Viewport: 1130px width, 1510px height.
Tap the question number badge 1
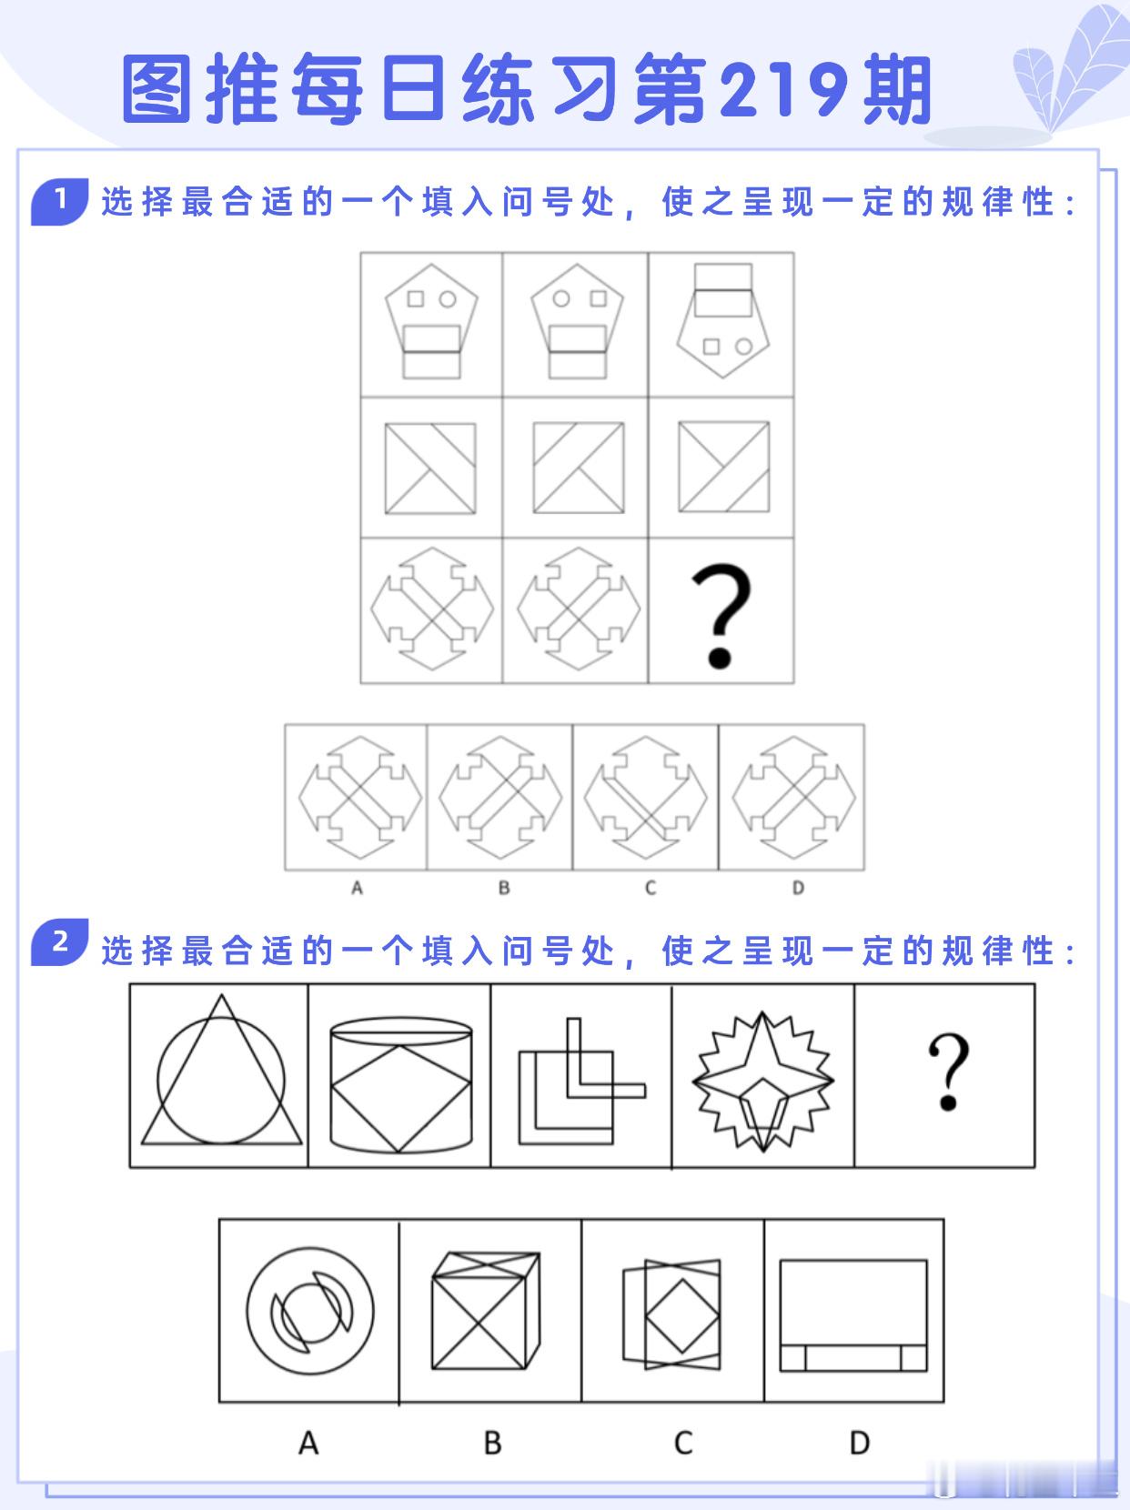click(60, 202)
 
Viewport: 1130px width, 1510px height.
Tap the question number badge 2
click(60, 941)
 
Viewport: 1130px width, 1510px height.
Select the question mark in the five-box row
click(948, 1072)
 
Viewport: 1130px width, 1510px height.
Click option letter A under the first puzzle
click(357, 888)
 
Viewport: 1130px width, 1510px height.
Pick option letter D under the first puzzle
click(798, 888)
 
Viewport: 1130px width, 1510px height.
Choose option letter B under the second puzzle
click(492, 1444)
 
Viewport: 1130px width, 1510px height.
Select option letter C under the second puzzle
click(683, 1444)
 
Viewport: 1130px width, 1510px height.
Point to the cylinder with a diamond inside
click(401, 1085)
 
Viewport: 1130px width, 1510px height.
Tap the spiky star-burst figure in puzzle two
click(762, 1082)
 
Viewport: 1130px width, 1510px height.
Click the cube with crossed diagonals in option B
click(486, 1311)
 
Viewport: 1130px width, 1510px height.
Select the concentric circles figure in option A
click(310, 1311)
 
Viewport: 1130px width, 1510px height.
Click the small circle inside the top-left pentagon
click(448, 299)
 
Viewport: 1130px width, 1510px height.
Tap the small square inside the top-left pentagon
click(416, 298)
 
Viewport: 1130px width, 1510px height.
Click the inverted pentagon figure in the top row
click(722, 320)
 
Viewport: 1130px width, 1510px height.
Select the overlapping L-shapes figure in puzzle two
click(582, 1082)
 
